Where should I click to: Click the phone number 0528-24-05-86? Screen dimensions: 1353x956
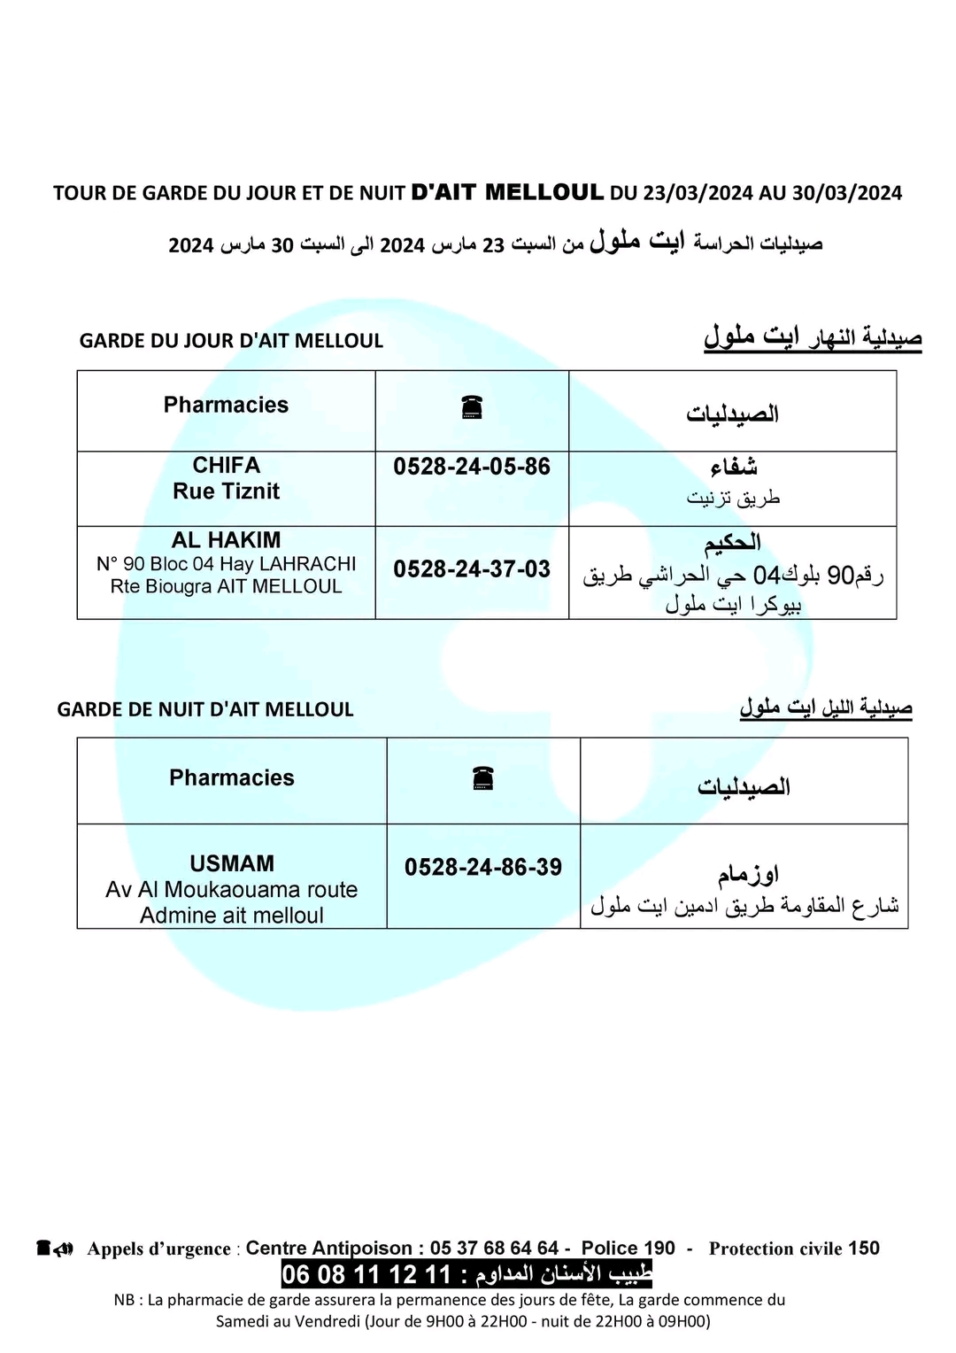(x=472, y=467)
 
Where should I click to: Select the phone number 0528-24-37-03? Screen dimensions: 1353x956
(x=472, y=568)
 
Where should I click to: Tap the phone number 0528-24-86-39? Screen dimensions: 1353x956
(x=483, y=867)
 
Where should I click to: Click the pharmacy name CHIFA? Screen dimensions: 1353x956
(x=227, y=465)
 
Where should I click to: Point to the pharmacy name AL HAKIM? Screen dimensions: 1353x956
(x=227, y=540)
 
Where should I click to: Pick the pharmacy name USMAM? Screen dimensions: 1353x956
(x=232, y=863)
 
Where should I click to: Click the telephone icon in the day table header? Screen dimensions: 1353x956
(x=471, y=407)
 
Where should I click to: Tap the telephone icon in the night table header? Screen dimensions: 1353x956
(x=482, y=778)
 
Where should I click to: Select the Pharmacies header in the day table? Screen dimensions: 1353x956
(x=226, y=405)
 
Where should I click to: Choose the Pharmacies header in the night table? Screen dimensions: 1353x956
(x=232, y=777)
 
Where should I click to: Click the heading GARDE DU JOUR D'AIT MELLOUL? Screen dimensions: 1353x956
(x=231, y=341)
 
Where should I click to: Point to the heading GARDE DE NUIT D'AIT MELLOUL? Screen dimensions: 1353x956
(x=205, y=709)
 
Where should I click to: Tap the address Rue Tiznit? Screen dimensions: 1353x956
(x=227, y=491)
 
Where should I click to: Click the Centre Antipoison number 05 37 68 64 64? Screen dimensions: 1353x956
(x=494, y=1249)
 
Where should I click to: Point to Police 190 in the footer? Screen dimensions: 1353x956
(x=628, y=1249)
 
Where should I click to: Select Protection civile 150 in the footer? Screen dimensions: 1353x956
(x=794, y=1249)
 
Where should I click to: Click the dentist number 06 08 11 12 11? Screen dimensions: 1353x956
(x=366, y=1275)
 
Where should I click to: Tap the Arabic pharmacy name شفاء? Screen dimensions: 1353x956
(x=733, y=467)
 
